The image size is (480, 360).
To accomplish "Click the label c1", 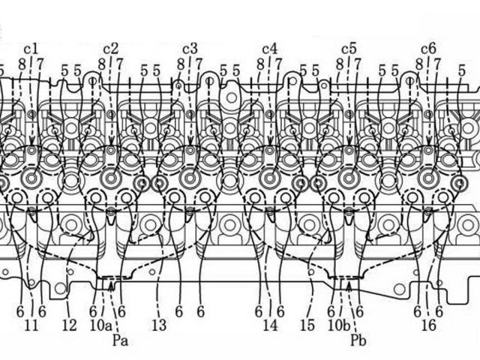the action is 31,48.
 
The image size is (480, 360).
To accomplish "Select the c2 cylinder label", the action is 110,48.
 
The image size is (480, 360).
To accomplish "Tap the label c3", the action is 190,48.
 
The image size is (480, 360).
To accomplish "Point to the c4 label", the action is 270,48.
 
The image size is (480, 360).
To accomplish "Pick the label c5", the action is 349,48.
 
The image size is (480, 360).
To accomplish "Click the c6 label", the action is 428,48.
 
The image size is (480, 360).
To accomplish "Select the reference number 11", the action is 31,325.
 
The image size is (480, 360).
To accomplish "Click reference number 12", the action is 69,325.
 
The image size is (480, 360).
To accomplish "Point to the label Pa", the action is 120,340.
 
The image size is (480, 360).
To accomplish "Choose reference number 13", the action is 159,325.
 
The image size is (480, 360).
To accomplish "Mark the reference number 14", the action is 270,325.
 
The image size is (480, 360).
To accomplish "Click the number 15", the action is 307,325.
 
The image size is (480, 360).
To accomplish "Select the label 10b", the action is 338,325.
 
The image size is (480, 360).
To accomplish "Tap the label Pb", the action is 358,340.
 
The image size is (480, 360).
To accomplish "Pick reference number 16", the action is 428,325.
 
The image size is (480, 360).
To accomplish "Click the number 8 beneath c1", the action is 22,65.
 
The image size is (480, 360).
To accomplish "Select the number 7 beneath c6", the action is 436,65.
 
